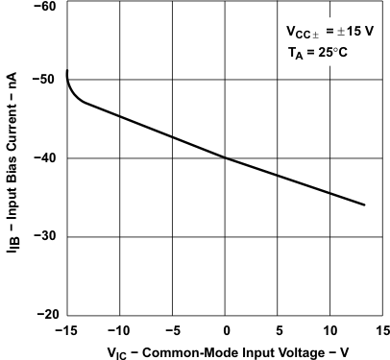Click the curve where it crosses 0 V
225,157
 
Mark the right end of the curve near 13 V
364,204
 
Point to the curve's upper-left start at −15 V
67,72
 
